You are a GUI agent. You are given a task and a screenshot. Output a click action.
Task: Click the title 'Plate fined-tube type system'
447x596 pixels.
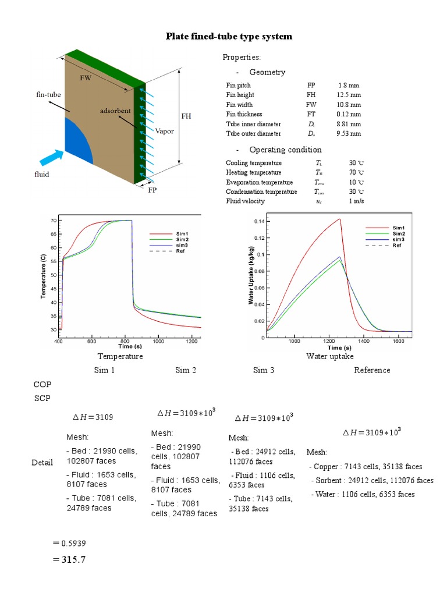coord(229,36)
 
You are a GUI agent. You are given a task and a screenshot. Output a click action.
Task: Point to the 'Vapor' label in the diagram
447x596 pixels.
coord(164,131)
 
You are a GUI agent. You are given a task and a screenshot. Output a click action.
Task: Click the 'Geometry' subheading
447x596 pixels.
coord(267,72)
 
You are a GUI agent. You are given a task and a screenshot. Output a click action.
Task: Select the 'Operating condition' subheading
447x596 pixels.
coord(277,150)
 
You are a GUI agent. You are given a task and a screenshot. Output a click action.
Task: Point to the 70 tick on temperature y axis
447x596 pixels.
coord(53,221)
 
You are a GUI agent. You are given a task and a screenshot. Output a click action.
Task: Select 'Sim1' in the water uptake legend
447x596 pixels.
coord(398,228)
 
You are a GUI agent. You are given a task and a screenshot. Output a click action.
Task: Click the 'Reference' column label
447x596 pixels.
coord(372,370)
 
